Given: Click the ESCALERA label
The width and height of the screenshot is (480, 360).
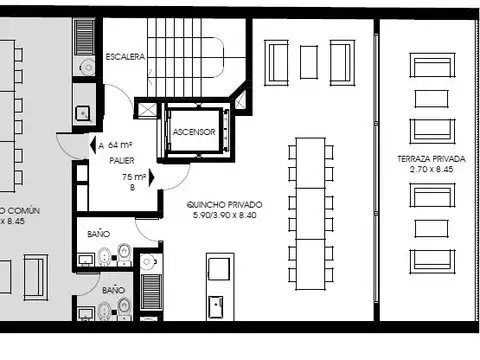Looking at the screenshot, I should (x=126, y=57).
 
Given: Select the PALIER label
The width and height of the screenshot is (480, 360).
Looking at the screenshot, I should (x=122, y=160).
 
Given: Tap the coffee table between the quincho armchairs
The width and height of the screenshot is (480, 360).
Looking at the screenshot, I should (x=308, y=62).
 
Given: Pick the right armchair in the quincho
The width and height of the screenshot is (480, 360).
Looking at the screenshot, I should (x=340, y=62).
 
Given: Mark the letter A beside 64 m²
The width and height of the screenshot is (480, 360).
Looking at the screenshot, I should (x=100, y=145).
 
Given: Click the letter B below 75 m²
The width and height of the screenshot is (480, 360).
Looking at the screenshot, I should (x=132, y=187).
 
